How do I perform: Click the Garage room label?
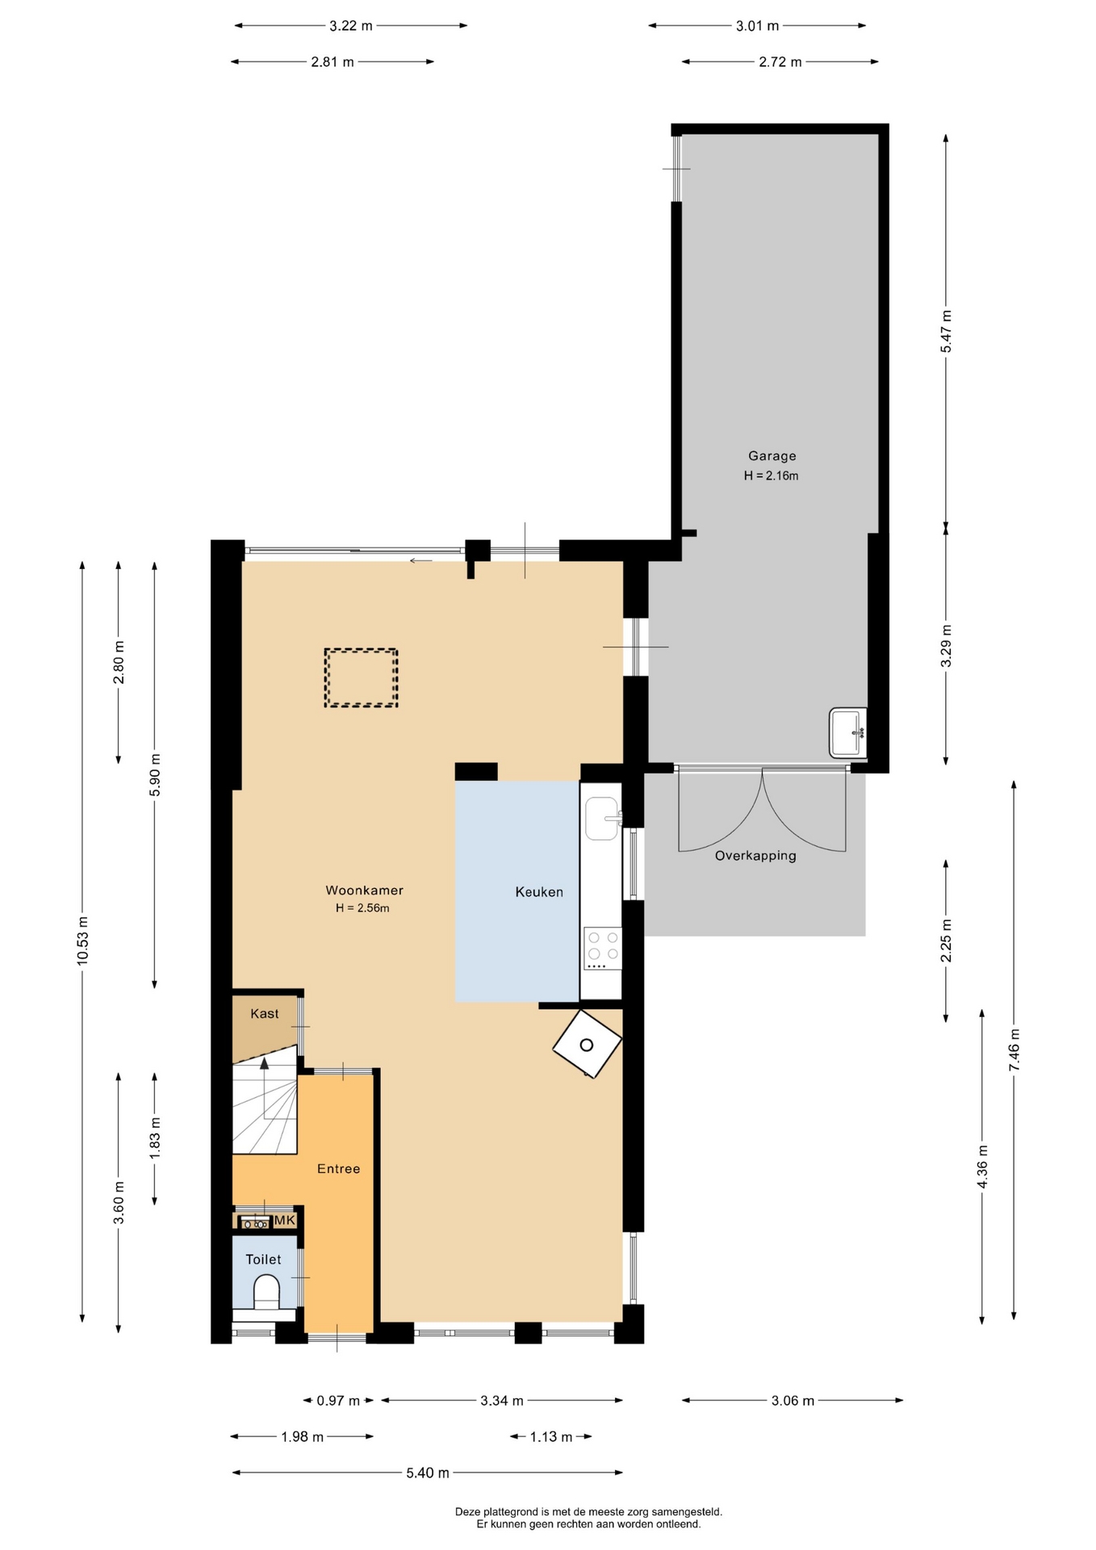click(772, 456)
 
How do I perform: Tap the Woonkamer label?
click(364, 890)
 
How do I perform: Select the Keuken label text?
click(539, 892)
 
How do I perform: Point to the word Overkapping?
click(755, 856)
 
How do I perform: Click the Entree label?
click(338, 1169)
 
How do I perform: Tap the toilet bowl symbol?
click(266, 1292)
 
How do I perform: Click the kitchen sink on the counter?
click(602, 819)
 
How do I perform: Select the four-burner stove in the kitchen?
click(603, 949)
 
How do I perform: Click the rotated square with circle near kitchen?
click(587, 1044)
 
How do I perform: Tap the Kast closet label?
click(265, 1014)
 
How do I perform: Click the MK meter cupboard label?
click(285, 1221)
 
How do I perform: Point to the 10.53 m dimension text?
click(82, 940)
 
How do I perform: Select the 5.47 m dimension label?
click(946, 331)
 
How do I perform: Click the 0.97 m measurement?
click(338, 1401)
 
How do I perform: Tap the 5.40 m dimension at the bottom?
click(428, 1473)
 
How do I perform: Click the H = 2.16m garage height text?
click(772, 476)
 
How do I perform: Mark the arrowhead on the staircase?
click(264, 1063)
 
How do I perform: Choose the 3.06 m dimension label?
click(793, 1401)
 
